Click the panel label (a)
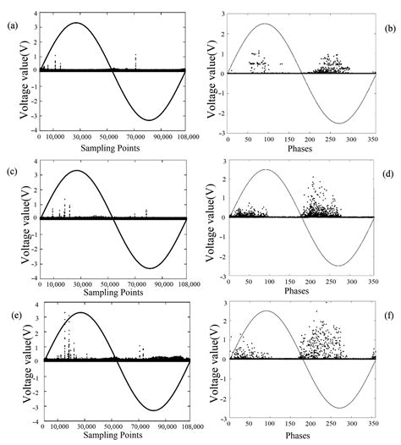click(x=9, y=24)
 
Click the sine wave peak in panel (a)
click(x=76, y=23)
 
